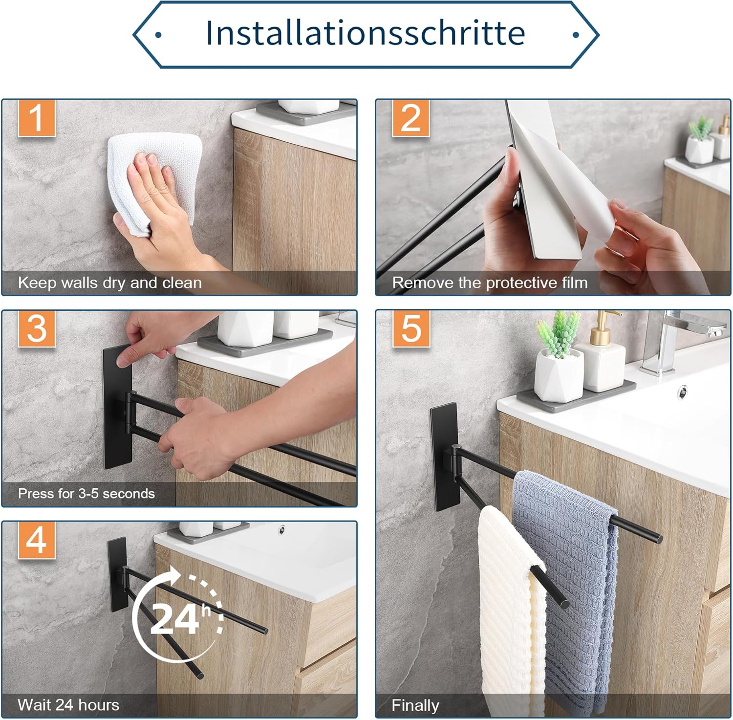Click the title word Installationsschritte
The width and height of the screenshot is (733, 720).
(366, 33)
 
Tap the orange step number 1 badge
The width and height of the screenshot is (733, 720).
(37, 118)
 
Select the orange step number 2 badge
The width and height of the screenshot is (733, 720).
(410, 118)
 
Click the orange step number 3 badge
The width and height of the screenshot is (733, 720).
(37, 329)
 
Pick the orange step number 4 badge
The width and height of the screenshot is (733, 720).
(37, 540)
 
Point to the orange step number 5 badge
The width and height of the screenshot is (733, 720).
(410, 329)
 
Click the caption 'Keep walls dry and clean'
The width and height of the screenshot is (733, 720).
(109, 283)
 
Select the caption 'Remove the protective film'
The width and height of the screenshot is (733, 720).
(490, 283)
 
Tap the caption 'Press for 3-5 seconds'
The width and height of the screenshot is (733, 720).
(86, 494)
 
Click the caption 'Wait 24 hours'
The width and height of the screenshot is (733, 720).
(68, 705)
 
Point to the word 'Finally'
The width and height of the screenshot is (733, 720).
(415, 705)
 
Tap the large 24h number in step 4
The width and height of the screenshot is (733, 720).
(174, 618)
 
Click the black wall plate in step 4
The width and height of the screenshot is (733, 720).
(117, 575)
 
